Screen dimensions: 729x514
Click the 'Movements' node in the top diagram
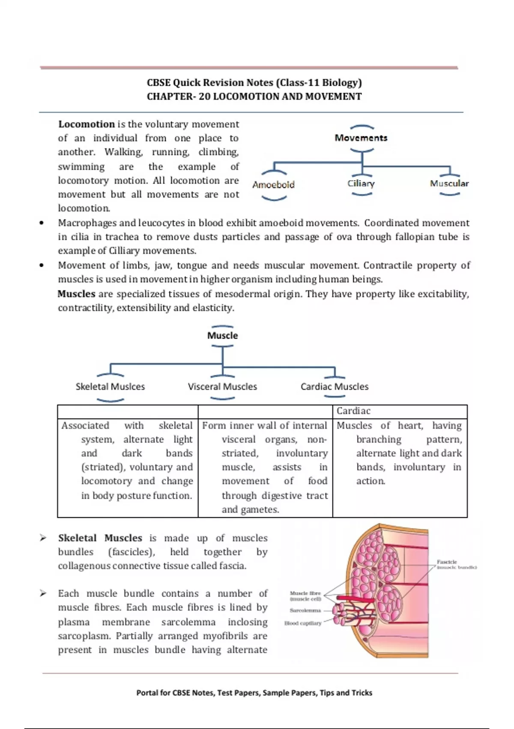[361, 138]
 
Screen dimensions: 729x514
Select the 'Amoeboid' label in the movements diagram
[273, 185]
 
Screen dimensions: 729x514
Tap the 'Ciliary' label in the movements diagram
[361, 184]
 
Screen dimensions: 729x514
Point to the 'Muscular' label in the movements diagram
[449, 184]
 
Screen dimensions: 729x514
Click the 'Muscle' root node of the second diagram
[222, 335]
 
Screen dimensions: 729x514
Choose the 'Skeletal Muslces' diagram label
[110, 386]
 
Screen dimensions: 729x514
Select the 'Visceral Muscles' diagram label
[222, 386]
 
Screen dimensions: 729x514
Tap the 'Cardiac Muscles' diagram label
[334, 386]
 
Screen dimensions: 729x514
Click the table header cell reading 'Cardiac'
[353, 411]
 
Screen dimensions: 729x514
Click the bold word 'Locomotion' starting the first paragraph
[87, 124]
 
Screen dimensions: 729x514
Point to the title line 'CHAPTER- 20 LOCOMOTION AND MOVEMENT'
[254, 96]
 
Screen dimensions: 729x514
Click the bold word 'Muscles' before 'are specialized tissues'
[76, 294]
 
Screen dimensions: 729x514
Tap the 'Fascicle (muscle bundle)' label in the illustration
[455, 564]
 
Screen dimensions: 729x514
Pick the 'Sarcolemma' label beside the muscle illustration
[305, 610]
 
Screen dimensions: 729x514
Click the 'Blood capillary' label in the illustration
[303, 623]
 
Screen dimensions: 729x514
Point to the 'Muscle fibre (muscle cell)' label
[305, 596]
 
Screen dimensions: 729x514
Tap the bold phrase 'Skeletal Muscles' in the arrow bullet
[100, 538]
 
